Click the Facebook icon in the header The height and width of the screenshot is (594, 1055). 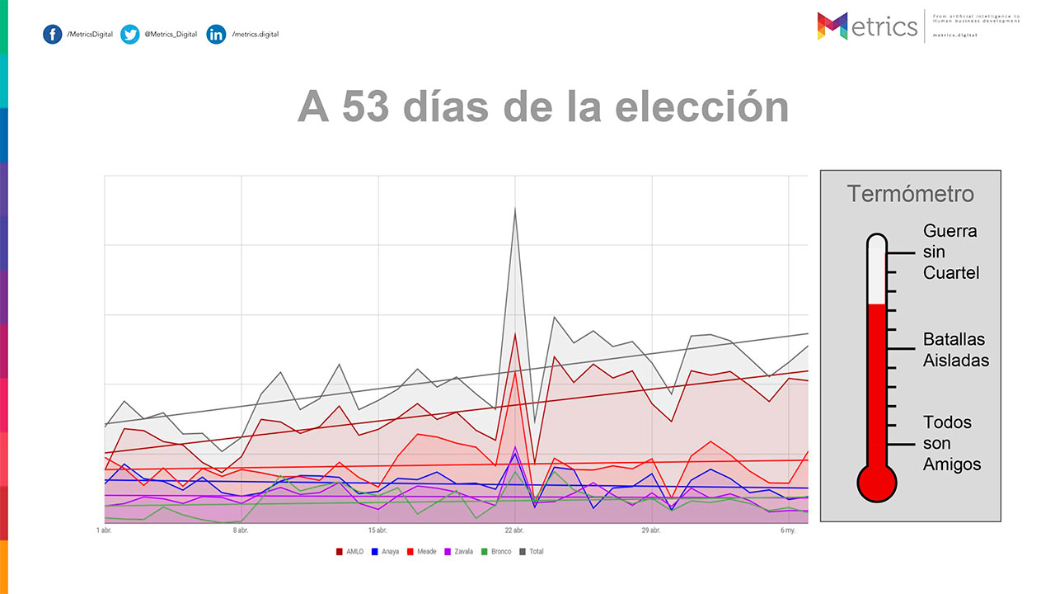[x=53, y=35]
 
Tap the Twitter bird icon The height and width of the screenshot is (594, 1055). [x=129, y=35]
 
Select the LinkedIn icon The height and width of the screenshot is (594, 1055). [x=216, y=35]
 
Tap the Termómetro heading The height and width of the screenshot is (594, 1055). [x=911, y=195]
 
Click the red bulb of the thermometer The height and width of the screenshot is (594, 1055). [x=876, y=482]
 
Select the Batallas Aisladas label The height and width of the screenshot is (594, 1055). [x=955, y=350]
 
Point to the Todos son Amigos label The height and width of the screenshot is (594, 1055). [x=951, y=443]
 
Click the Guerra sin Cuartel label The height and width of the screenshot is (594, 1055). [x=950, y=252]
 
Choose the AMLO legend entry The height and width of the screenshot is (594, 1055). [x=350, y=551]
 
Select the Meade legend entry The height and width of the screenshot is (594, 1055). [x=422, y=551]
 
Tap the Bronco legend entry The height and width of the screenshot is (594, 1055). [x=496, y=551]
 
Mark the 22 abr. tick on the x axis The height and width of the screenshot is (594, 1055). [x=515, y=530]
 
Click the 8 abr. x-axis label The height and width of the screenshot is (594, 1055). [x=241, y=530]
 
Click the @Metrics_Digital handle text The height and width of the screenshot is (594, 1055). [x=171, y=35]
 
